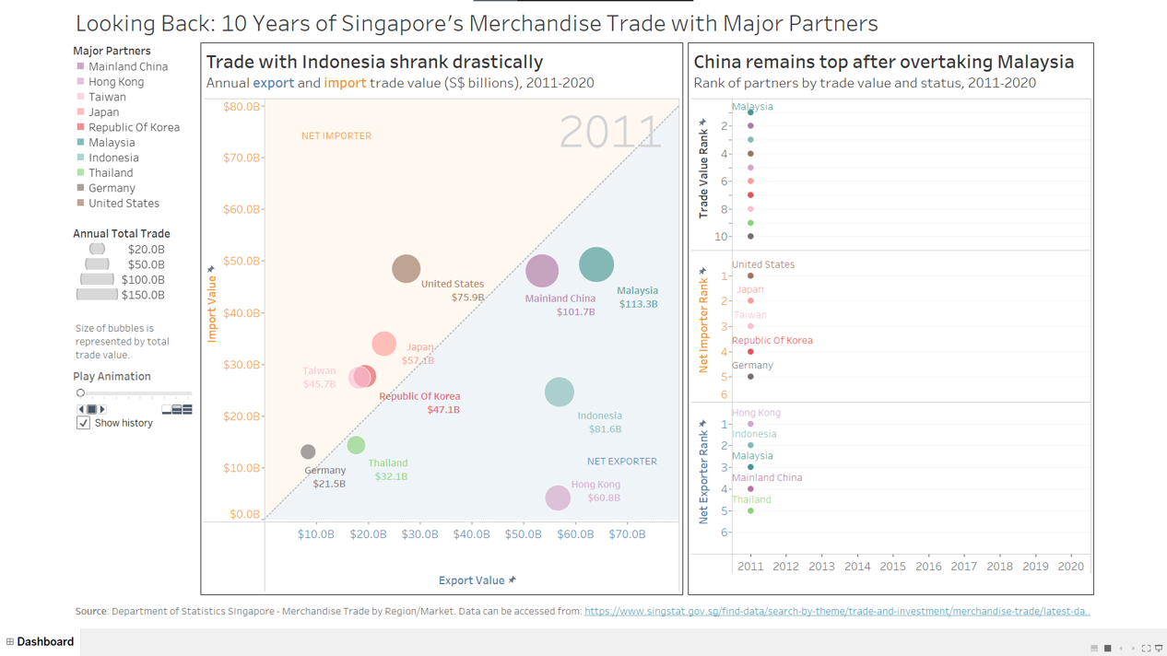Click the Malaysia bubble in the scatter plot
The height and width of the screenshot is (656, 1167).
pyautogui.click(x=596, y=264)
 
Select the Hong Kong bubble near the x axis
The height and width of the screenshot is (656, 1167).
pyautogui.click(x=558, y=498)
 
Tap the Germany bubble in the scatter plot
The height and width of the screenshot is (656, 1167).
pyautogui.click(x=308, y=451)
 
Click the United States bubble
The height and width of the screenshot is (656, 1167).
pyautogui.click(x=406, y=268)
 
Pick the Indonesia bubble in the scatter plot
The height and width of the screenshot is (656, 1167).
pyautogui.click(x=559, y=392)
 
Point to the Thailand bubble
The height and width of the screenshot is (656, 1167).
pyautogui.click(x=356, y=445)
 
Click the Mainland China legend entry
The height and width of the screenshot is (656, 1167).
pyautogui.click(x=127, y=66)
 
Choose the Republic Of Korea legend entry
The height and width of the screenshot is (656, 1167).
pyautogui.click(x=134, y=127)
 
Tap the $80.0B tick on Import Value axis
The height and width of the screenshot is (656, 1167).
pyautogui.click(x=242, y=107)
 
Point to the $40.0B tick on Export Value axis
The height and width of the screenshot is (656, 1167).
pyautogui.click(x=471, y=534)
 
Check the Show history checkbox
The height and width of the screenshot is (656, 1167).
pyautogui.click(x=83, y=423)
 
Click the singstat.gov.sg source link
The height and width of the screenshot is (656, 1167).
pyautogui.click(x=837, y=611)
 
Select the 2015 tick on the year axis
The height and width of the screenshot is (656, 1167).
pyautogui.click(x=892, y=567)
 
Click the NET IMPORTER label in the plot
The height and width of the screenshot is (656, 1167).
pyautogui.click(x=336, y=136)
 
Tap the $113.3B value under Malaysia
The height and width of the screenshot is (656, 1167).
pyautogui.click(x=638, y=304)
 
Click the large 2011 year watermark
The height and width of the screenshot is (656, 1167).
pyautogui.click(x=610, y=132)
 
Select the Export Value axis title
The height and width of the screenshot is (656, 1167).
pyautogui.click(x=471, y=580)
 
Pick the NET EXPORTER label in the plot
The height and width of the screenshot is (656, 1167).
pyautogui.click(x=622, y=462)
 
